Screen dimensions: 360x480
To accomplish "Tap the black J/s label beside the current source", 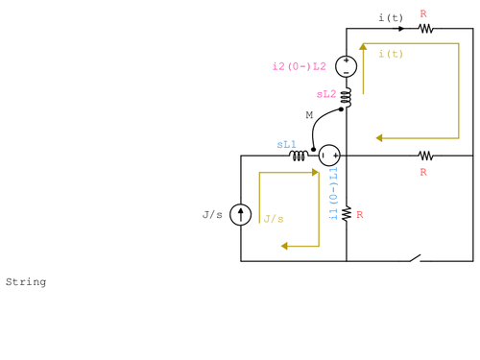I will (212, 214).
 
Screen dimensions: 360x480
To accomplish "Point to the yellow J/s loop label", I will (274, 219).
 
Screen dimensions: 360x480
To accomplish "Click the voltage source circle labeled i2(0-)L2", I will (347, 67).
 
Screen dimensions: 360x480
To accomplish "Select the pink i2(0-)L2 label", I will (300, 67).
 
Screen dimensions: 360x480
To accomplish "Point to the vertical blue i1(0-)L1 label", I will (333, 195).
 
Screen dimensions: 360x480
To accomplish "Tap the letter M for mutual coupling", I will (309, 115).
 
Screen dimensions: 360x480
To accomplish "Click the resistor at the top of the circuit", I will (423, 29).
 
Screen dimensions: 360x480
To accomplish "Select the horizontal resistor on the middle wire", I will (423, 156).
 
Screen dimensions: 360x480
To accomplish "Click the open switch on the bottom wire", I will (414, 258).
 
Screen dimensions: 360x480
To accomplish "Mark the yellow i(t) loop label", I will (391, 54).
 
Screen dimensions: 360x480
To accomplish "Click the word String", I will (26, 282).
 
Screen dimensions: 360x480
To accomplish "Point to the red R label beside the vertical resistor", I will (359, 215).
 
